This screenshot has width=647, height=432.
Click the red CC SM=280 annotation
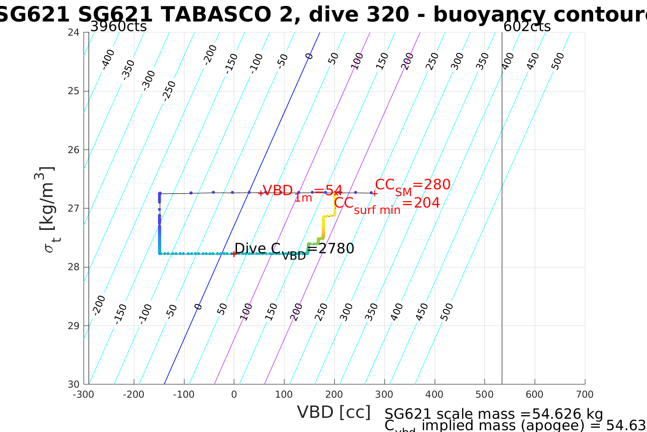[413, 186]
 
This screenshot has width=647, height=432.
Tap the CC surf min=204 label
[387, 204]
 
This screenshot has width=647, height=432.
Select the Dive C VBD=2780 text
[294, 250]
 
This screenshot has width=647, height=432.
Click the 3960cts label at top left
[118, 27]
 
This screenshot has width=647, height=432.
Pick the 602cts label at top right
[527, 27]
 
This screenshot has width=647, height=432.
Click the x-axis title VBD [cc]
[334, 412]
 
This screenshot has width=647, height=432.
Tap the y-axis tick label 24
[74, 32]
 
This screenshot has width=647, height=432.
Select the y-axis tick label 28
[74, 267]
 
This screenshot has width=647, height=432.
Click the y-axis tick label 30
[74, 384]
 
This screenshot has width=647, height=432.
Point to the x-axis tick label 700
[584, 395]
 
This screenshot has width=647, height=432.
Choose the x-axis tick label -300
[83, 395]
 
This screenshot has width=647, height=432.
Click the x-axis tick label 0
[234, 395]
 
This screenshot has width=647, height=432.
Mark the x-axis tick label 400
[434, 395]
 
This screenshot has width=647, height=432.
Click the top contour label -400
[108, 59]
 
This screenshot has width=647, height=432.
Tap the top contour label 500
[558, 61]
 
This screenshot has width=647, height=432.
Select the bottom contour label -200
[99, 305]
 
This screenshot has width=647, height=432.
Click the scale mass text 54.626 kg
[494, 414]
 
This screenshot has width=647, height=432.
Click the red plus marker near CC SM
[374, 193]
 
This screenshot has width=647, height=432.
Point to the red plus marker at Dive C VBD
[234, 254]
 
